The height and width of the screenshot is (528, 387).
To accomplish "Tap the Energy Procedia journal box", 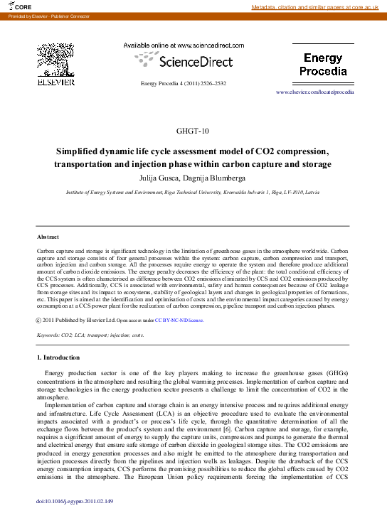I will (x=323, y=65).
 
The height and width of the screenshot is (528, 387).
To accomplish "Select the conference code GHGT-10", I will (x=193, y=131).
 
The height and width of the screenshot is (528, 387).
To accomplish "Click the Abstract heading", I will (x=48, y=237).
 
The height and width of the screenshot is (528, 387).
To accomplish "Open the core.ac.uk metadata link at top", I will (x=317, y=7).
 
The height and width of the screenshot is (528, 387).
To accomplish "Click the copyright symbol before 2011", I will (x=39, y=320).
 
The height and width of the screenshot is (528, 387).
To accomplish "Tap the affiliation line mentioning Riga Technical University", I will (x=193, y=193).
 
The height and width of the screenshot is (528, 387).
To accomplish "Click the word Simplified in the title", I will (x=82, y=151).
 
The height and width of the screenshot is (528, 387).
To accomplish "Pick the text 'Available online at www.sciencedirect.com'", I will (x=184, y=45).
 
